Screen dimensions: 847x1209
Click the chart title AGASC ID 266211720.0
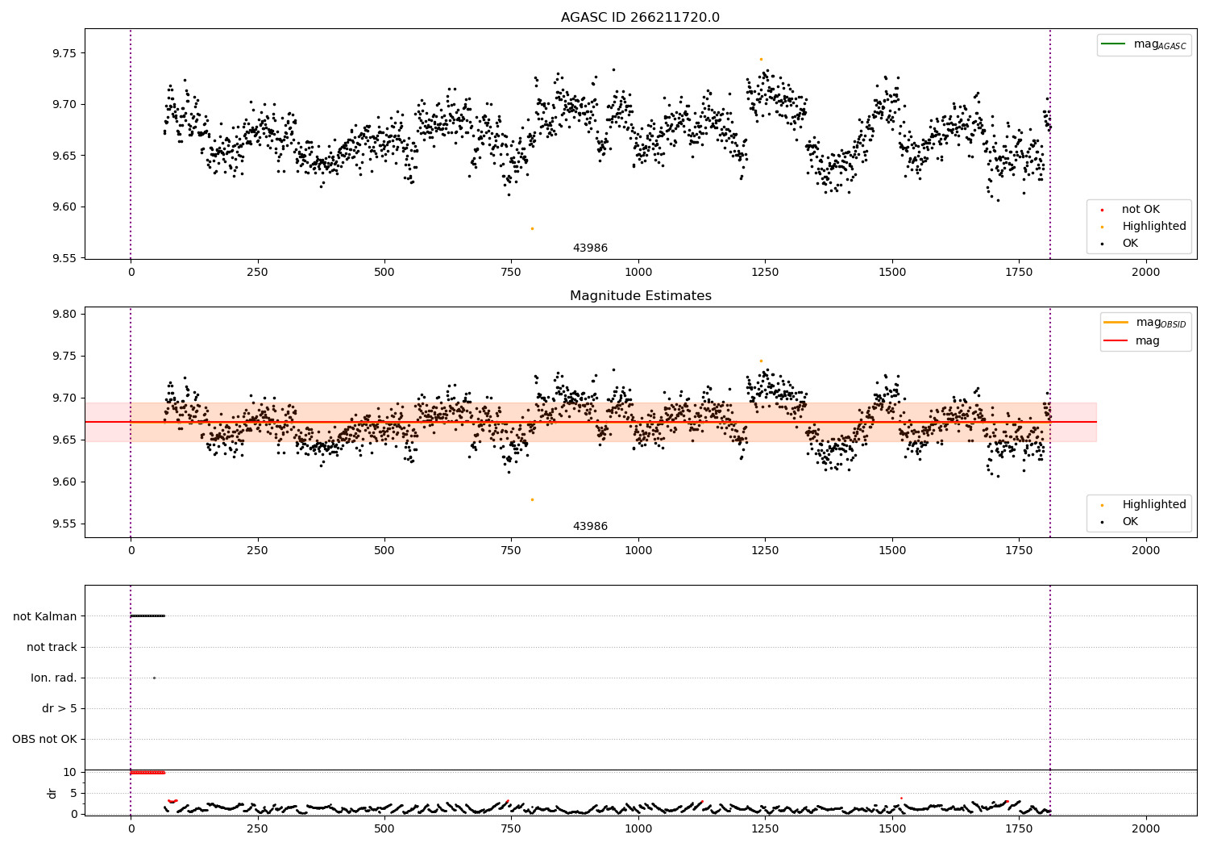[640, 18]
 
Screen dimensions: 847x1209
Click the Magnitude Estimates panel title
[640, 296]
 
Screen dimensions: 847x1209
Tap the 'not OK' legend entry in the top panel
[1140, 210]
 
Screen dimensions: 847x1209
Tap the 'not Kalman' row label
[45, 616]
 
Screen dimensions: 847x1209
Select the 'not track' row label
[52, 647]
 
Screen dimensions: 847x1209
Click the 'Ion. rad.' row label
[54, 678]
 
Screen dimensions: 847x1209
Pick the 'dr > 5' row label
[60, 708]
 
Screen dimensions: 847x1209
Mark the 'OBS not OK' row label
[44, 739]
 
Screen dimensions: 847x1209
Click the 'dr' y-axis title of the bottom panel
[52, 793]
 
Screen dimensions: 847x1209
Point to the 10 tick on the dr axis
[69, 772]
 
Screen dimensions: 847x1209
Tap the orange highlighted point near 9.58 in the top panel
[532, 228]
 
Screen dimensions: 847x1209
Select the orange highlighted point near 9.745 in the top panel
[761, 59]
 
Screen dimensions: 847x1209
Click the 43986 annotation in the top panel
[590, 248]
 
